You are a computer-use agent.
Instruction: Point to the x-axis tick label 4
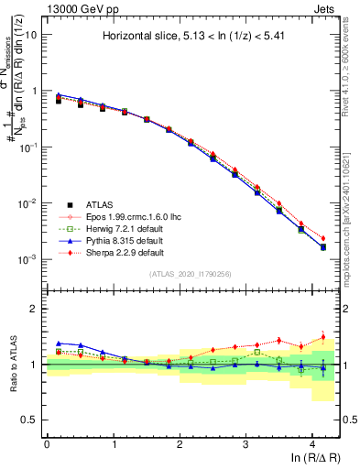tap(312, 442)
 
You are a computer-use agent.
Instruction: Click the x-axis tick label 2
tap(180, 442)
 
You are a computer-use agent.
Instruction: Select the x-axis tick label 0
tap(47, 442)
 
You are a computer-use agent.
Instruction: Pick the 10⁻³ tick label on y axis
tap(27, 259)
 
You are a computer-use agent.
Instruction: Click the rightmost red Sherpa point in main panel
tap(322, 238)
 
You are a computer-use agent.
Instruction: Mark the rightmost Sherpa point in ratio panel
tap(322, 337)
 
